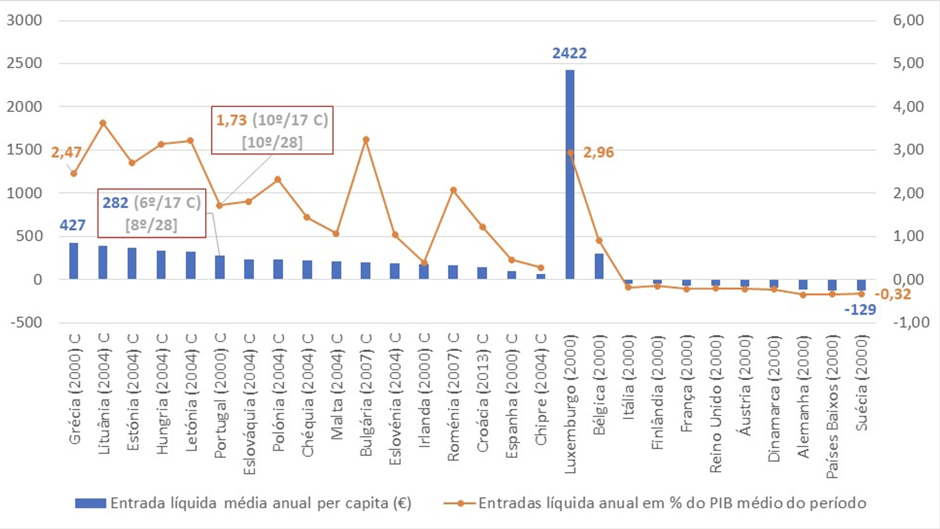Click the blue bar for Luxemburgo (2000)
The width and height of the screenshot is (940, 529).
pos(570,174)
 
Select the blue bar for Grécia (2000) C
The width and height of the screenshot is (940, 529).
pos(73,261)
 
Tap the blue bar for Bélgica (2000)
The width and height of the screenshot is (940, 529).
pos(599,266)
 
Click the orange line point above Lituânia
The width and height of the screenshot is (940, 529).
pos(103,123)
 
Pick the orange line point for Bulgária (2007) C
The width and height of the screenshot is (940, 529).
pos(366,140)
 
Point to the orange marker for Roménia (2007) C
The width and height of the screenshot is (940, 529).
pos(453,190)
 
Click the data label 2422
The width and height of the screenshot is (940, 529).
pos(569,53)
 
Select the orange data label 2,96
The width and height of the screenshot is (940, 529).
pos(598,152)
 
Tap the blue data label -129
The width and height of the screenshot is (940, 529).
pos(859,310)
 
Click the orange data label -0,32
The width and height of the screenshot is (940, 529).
pos(893,294)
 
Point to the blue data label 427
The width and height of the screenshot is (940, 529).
pos(73,225)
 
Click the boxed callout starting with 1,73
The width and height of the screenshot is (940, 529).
pos(272,130)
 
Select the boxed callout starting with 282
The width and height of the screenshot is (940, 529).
pos(152,213)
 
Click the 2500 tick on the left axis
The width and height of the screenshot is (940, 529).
pos(25,63)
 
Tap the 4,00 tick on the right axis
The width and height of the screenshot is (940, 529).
pos(908,106)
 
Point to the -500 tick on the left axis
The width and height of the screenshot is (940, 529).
pos(26,322)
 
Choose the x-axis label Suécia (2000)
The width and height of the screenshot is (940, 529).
pos(861,383)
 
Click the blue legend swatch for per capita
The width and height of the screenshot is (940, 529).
pos(91,503)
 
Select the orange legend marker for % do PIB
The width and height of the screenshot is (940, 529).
pos(460,503)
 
